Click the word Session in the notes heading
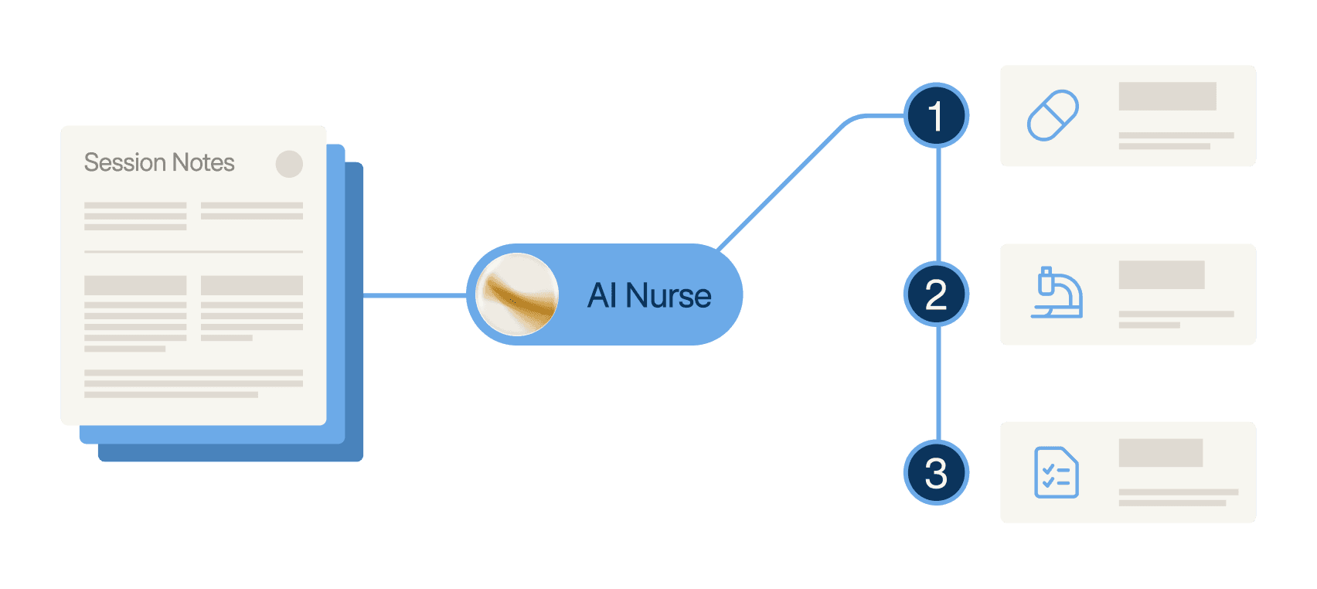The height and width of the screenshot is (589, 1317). click(124, 162)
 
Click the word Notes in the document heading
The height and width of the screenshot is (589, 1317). click(203, 162)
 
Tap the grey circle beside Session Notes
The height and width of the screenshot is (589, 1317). click(289, 164)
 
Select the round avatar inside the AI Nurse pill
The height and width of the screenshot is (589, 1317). click(516, 294)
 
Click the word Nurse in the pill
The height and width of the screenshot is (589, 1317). click(669, 295)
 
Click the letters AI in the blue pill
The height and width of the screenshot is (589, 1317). click(601, 295)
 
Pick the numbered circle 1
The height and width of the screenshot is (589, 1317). click(936, 116)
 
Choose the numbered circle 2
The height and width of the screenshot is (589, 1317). click(936, 294)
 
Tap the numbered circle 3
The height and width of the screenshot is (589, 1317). click(936, 473)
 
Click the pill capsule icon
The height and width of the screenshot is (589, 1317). click(1053, 116)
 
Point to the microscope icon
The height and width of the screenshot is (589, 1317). click(1057, 293)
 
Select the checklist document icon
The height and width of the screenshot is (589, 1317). click(1056, 472)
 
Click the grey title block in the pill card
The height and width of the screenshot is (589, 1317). click(1167, 96)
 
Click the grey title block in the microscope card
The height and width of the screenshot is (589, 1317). click(1161, 274)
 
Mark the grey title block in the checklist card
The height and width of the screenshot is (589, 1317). click(1160, 453)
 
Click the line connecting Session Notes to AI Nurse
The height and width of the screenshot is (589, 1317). click(414, 295)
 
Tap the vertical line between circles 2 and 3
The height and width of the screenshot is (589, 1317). click(938, 383)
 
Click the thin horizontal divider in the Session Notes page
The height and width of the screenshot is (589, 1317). click(193, 252)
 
